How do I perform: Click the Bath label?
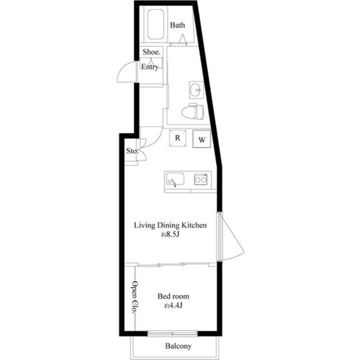178,25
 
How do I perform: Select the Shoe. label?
151,52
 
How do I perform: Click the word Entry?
149,68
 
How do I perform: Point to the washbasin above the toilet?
196,89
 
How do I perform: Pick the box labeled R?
177,138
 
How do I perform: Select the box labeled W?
201,139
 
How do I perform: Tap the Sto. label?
131,151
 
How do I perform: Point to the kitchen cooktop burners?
200,180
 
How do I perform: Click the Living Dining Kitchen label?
170,225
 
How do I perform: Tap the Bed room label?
173,296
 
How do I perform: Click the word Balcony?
178,346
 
